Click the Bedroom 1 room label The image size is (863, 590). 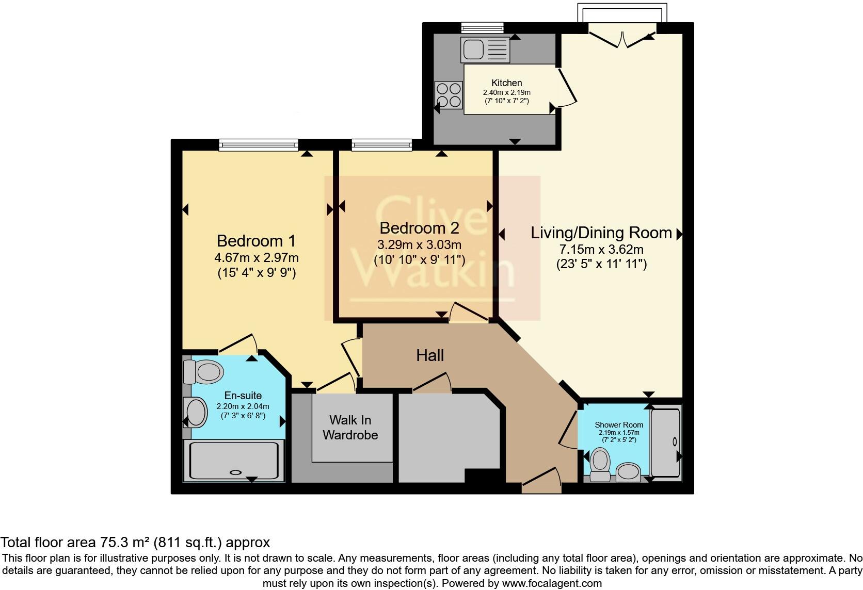tap(257, 241)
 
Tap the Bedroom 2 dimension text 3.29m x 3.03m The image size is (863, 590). tap(419, 244)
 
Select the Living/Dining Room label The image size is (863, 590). tap(601, 233)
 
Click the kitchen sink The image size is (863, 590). tap(485, 50)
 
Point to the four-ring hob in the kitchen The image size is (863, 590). tap(449, 95)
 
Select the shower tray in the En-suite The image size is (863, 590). tap(234, 460)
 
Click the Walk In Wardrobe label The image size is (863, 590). tap(350, 428)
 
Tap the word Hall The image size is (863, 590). tap(430, 355)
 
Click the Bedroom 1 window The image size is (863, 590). tap(258, 145)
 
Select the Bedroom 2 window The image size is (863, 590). tap(382, 145)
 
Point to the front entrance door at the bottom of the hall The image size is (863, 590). tap(541, 479)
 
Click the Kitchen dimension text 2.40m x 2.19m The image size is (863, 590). tap(506, 92)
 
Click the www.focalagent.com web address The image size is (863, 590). tap(552, 584)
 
